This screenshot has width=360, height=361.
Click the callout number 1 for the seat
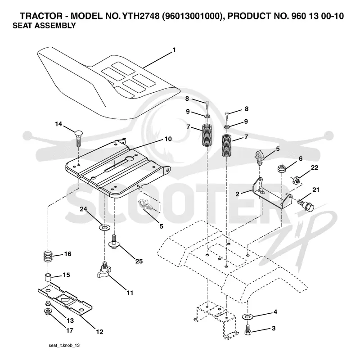point(174,50)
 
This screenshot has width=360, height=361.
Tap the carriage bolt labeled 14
point(78,138)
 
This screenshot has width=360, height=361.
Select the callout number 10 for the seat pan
point(168,139)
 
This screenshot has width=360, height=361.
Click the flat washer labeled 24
point(104,228)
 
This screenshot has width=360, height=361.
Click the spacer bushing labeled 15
point(48,277)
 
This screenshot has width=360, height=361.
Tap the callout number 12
point(99,332)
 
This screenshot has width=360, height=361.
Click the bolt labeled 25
point(113,242)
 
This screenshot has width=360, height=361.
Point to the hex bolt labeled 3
point(247,329)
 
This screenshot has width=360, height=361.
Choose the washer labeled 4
point(247,317)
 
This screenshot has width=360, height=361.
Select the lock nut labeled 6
point(282,169)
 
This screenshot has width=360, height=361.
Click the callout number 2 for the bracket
point(238,194)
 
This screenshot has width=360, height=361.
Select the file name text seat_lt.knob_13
point(64,345)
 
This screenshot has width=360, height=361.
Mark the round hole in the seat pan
point(130,158)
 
